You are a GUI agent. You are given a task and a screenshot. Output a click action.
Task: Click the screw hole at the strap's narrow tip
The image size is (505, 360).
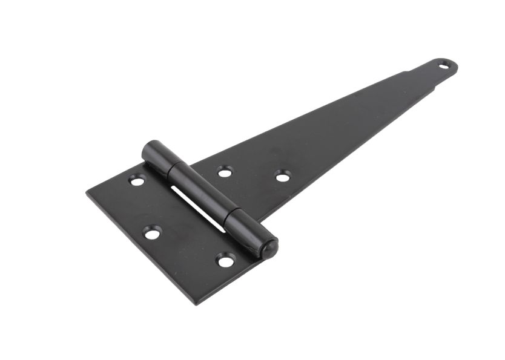pyautogui.click(x=444, y=65)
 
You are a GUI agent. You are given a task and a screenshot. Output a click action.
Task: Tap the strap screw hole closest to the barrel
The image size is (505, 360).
pyautogui.click(x=225, y=172)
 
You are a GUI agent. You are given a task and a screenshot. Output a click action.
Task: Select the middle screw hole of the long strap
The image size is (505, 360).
pyautogui.click(x=282, y=175)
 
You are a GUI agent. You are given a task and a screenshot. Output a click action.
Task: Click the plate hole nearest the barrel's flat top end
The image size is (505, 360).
pyautogui.click(x=137, y=180)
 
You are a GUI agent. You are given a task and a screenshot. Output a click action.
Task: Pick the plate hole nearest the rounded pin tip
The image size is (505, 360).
pyautogui.click(x=225, y=261)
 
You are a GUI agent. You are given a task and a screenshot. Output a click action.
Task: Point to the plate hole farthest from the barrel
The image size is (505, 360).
pyautogui.click(x=151, y=232)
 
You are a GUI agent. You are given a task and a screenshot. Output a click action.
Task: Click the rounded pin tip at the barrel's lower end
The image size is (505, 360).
pyautogui.click(x=269, y=247)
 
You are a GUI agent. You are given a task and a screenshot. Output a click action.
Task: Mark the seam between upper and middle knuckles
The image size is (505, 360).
pyautogui.click(x=171, y=166)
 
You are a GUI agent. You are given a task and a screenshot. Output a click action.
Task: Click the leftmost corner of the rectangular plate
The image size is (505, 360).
pyautogui.click(x=87, y=193)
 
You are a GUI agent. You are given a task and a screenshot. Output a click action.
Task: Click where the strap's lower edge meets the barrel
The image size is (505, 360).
pyautogui.click(x=260, y=221)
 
